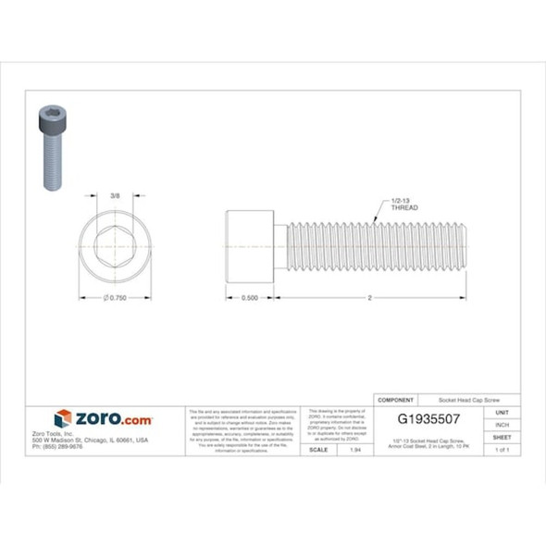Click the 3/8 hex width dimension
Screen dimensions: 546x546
coord(114,195)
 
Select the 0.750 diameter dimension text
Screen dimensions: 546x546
coord(115,297)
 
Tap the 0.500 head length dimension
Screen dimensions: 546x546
coord(249,297)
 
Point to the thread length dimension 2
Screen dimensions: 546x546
coord(369,297)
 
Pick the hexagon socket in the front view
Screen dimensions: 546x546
coord(115,247)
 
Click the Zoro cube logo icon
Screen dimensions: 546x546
coord(63,418)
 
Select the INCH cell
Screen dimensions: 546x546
coord(503,424)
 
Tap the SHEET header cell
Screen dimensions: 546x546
coord(503,436)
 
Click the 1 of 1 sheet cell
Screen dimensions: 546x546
coord(503,449)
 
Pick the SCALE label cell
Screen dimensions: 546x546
coord(318,449)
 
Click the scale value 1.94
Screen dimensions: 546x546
coord(355,449)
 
